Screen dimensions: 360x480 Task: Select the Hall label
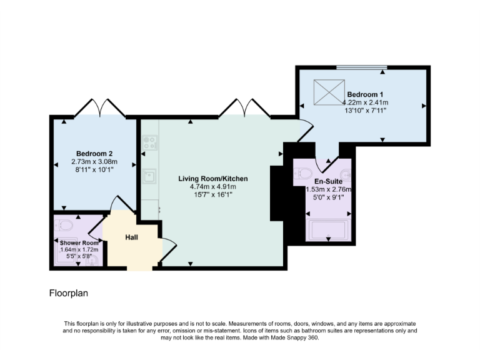coord(131,237)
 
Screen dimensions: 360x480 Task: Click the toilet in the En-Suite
coord(303,173)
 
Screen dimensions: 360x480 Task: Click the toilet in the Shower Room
coord(64,224)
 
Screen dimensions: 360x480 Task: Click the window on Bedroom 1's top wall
coord(362,67)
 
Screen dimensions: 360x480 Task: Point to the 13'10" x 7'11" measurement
coord(364,111)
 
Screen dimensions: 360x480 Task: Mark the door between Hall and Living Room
coord(166,251)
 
